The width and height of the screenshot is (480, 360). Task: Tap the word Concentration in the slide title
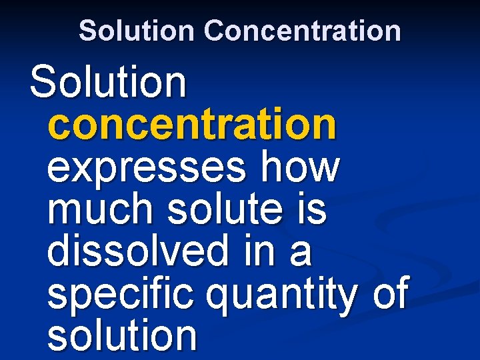click(x=303, y=31)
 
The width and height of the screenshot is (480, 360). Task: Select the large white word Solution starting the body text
click(x=108, y=82)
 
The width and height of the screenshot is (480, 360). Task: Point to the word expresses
click(x=145, y=168)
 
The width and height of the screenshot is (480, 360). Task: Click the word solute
click(x=223, y=209)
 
